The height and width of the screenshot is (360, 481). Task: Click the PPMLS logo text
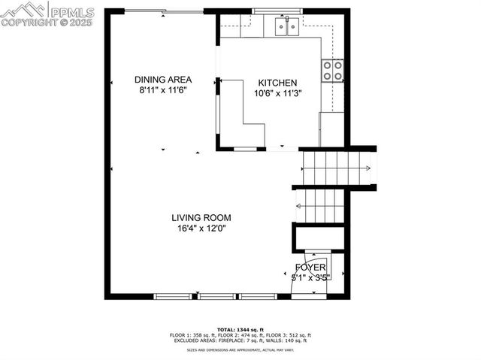click(x=71, y=12)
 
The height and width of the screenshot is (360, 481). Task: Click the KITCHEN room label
click(x=277, y=83)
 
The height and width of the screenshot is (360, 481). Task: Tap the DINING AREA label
click(x=163, y=79)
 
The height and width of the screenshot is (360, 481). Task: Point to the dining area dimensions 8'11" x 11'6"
click(x=162, y=90)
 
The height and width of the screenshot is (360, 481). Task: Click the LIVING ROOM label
click(x=200, y=217)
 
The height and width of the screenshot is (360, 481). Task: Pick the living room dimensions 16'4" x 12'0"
click(x=200, y=228)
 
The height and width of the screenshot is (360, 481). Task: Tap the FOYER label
click(x=310, y=268)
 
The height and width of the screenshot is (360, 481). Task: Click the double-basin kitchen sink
click(x=286, y=28)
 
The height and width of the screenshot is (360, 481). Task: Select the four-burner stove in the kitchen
click(x=333, y=71)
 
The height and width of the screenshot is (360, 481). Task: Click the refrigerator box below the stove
click(x=331, y=129)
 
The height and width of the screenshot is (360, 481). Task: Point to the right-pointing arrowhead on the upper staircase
click(x=368, y=168)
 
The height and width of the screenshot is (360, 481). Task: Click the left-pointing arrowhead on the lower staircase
click(x=298, y=205)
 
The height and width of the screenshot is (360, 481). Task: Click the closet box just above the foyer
click(x=319, y=237)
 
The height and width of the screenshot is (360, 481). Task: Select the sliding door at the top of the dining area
click(x=163, y=11)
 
